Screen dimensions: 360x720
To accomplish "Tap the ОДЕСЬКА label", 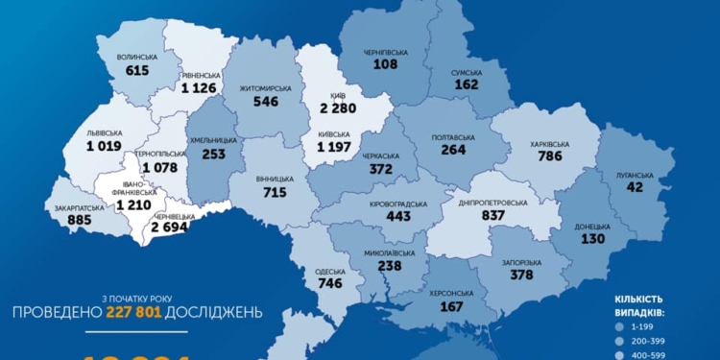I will pos(330,272).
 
